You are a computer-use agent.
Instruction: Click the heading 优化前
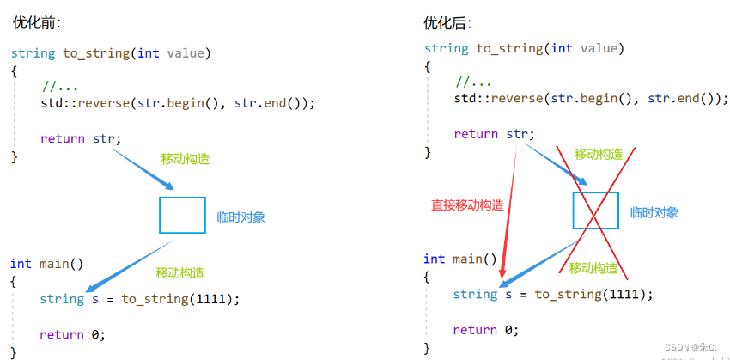[x=36, y=23]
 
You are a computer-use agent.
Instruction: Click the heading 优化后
[x=448, y=23]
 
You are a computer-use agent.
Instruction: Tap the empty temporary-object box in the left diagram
[x=182, y=215]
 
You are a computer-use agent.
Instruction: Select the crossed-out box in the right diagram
[x=596, y=211]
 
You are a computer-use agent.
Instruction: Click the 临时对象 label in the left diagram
[x=240, y=217]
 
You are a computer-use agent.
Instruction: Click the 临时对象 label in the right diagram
[x=654, y=212]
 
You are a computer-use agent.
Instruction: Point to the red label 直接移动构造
[x=467, y=205]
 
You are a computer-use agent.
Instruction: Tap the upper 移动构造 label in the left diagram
[x=186, y=159]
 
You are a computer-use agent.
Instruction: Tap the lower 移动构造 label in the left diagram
[x=180, y=272]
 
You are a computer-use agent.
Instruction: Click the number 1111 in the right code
[x=626, y=294]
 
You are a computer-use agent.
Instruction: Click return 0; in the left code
[x=72, y=334]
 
